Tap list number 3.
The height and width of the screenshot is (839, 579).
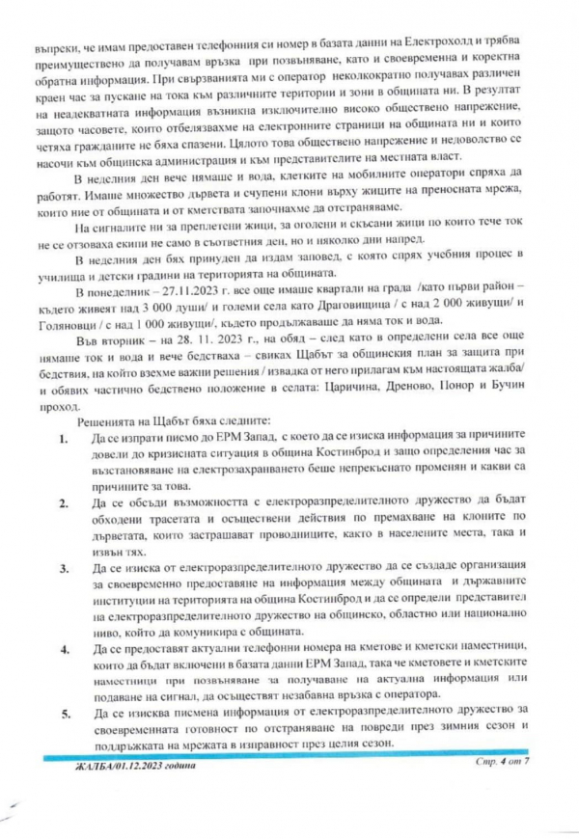coord(63,569)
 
